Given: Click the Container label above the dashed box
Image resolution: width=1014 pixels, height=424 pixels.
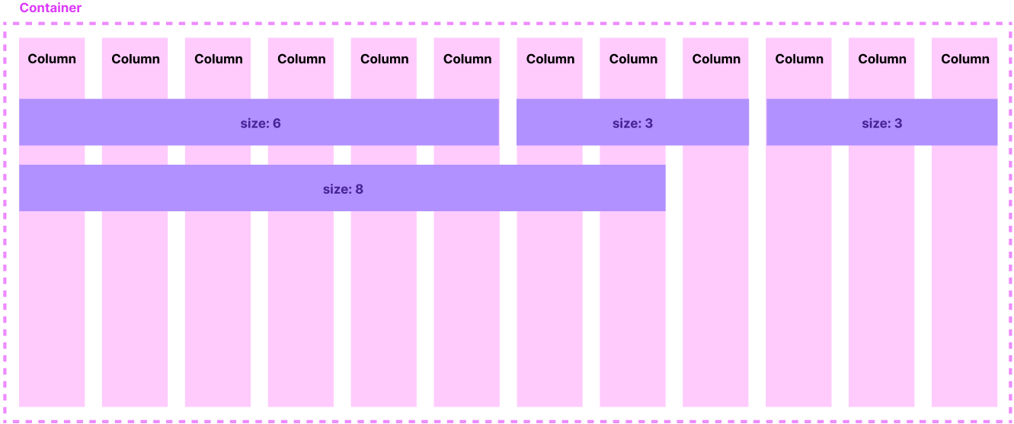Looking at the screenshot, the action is coord(50,8).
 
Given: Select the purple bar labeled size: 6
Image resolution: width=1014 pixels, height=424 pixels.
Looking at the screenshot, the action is coord(259,122).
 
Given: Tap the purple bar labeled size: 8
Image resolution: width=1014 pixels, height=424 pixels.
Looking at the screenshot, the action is coord(342,188).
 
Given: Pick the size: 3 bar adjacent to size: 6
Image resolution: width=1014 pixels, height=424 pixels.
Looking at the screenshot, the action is coord(632,122).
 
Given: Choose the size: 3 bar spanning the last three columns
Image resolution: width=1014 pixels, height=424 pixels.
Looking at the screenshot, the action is coord(881,122).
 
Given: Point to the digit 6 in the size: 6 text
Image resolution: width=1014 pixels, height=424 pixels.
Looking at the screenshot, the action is coord(277,123).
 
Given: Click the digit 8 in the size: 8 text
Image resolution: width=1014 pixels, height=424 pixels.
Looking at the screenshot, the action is coord(359,188).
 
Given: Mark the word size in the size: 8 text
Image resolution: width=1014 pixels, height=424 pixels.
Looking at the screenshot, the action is coord(335,188).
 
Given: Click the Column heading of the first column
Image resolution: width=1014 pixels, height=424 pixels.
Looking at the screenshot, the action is coord(52,59).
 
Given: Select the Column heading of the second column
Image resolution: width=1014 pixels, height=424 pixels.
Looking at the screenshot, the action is coord(136,59).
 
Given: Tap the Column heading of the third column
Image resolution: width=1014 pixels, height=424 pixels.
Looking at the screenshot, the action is coord(219,59).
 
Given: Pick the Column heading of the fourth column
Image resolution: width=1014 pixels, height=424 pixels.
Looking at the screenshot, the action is coord(302,59).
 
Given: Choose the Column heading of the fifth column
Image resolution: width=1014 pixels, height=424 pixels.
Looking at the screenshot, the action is coord(385,59).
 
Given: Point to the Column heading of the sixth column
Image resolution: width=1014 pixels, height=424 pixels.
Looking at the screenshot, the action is coord(468,59).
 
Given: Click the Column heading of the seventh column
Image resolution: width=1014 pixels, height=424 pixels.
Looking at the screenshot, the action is coord(550,59).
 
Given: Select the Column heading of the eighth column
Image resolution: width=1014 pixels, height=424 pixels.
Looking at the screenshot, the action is coord(633,59).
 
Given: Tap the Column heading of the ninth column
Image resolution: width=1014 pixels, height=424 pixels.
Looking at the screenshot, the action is coord(716,59).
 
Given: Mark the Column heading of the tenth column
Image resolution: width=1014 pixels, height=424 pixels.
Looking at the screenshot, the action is coord(799,59).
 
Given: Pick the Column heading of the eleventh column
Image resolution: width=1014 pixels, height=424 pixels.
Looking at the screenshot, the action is coord(882,59).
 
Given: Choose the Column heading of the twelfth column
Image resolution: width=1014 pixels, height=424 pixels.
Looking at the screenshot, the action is coord(965,59).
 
